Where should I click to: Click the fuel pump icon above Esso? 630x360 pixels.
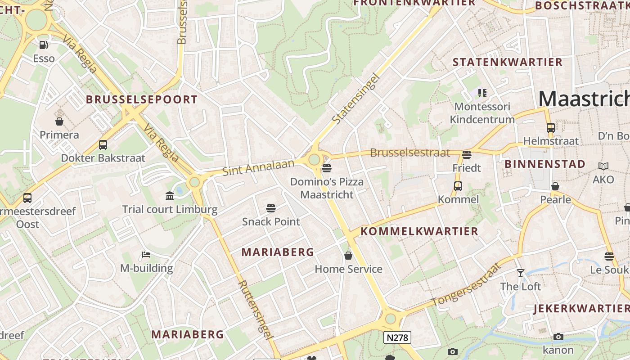point(44,45)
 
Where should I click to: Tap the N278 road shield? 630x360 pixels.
point(397,337)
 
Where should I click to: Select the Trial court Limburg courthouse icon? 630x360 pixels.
point(170,196)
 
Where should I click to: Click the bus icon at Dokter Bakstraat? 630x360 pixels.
point(103,145)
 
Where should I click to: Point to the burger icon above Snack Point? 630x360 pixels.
point(270,208)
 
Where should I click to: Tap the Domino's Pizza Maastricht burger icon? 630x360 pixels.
point(327,168)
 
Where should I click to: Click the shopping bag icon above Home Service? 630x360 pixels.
point(348,256)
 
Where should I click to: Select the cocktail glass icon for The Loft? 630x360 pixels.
point(521,273)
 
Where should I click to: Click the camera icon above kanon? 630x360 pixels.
point(558,337)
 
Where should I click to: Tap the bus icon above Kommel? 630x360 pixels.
point(458,186)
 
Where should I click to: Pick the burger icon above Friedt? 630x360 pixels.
point(467,154)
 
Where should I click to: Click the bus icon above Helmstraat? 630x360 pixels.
point(551,127)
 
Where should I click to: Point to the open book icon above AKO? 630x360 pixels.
point(603,166)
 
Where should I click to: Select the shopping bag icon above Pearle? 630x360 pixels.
point(555,186)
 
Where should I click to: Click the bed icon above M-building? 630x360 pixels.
point(146,255)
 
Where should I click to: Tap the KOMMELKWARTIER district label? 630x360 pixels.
point(419,231)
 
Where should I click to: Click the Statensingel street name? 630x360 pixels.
point(356,99)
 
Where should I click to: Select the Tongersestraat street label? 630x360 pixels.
point(466,284)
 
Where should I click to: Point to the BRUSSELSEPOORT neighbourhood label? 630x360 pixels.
point(142,99)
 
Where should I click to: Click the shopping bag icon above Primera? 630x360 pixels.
point(59,121)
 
